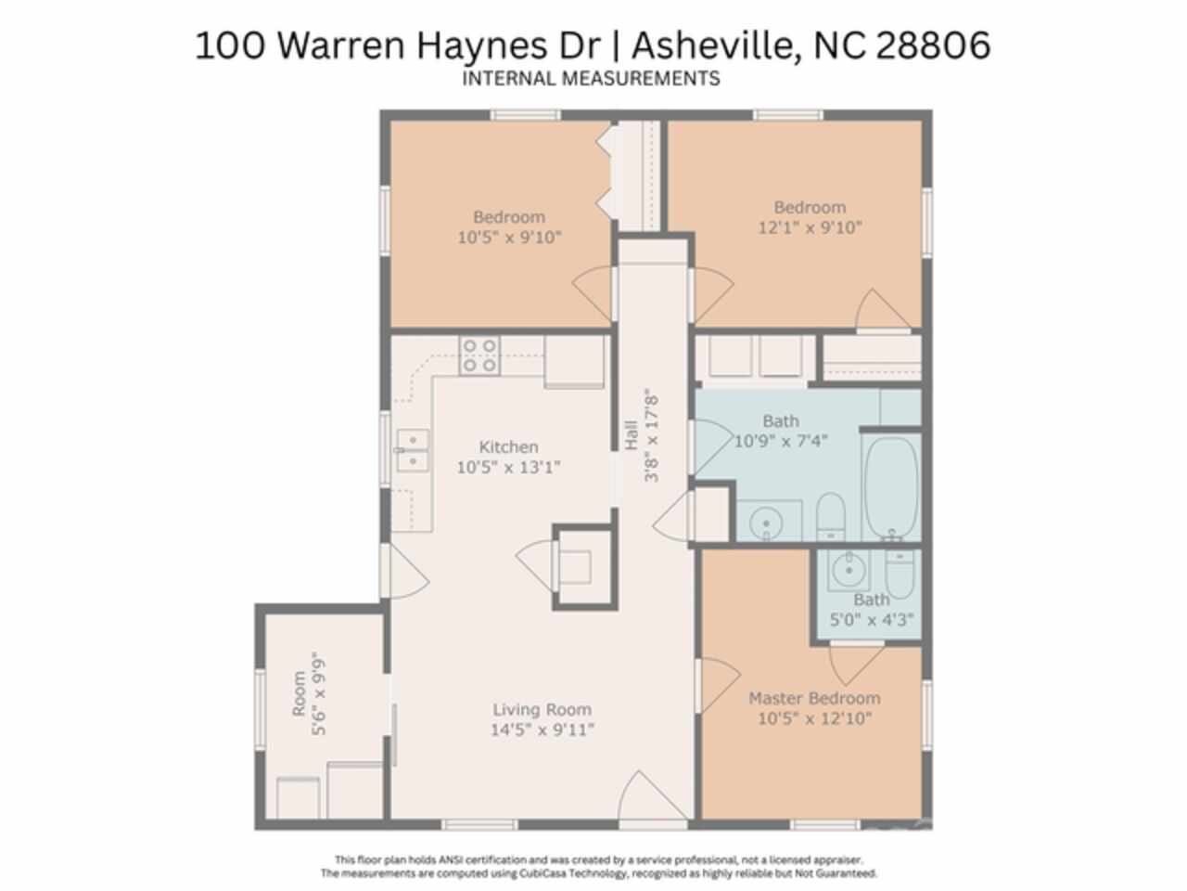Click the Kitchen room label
point(509,446)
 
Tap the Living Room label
point(542,709)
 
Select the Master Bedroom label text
point(814,698)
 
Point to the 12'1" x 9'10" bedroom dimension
point(810,227)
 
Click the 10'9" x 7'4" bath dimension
point(781,441)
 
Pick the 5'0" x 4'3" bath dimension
point(872,619)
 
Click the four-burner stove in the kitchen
point(479,355)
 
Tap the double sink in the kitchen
point(414,450)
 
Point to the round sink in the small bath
point(849,570)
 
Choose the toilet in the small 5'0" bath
point(900,574)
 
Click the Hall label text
point(632,435)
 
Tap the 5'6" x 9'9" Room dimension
point(318,696)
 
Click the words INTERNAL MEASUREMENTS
point(591,79)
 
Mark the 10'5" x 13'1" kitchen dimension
point(508,467)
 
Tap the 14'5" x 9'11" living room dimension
point(542,730)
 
